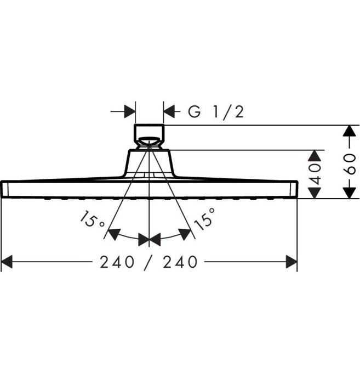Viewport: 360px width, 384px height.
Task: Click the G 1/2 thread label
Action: [216, 112]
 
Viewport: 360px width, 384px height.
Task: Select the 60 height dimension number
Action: [351, 163]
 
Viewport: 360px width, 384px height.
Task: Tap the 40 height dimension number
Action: [313, 173]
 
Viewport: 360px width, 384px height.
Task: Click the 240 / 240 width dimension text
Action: [148, 262]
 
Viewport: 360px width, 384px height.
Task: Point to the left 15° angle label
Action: [92, 222]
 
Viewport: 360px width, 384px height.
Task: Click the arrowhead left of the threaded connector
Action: [130, 112]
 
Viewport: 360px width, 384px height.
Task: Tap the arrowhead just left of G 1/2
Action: [169, 112]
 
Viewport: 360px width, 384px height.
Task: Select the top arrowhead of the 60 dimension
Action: [346, 131]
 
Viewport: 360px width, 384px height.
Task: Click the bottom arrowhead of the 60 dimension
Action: [346, 193]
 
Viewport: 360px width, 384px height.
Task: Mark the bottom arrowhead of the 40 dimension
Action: [314, 193]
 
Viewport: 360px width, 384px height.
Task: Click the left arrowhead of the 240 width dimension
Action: [8, 263]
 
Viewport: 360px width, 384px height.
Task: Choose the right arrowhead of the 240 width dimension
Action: [291, 263]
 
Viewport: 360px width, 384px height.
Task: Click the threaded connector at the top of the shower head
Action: [149, 133]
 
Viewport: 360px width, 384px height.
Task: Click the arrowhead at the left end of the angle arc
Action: [113, 235]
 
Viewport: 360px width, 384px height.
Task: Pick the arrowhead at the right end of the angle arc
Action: [186, 234]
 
